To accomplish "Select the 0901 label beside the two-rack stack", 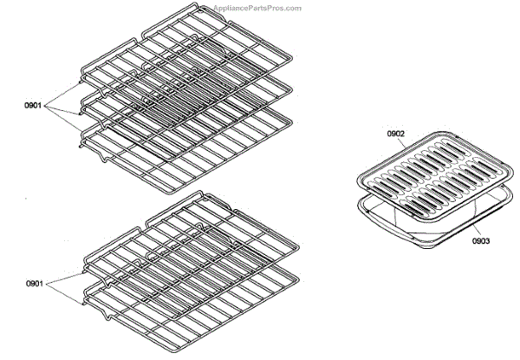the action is [x=36, y=283].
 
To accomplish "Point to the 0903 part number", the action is [x=484, y=240].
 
